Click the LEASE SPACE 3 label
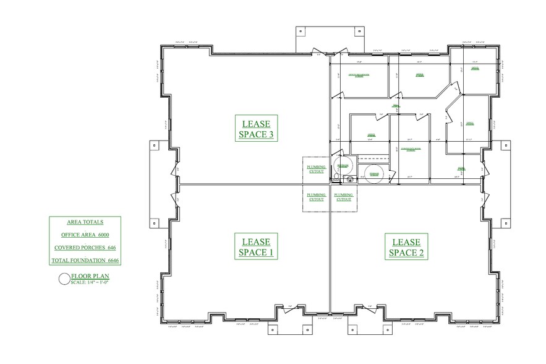[x=256, y=128]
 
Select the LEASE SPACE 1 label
[x=256, y=246]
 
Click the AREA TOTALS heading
[x=85, y=222]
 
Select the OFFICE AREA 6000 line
[x=85, y=235]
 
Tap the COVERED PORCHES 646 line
[x=85, y=248]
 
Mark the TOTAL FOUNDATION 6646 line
[x=85, y=261]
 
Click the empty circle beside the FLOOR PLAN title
[x=64, y=279]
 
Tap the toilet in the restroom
[x=336, y=176]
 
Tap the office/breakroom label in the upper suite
[x=359, y=75]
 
